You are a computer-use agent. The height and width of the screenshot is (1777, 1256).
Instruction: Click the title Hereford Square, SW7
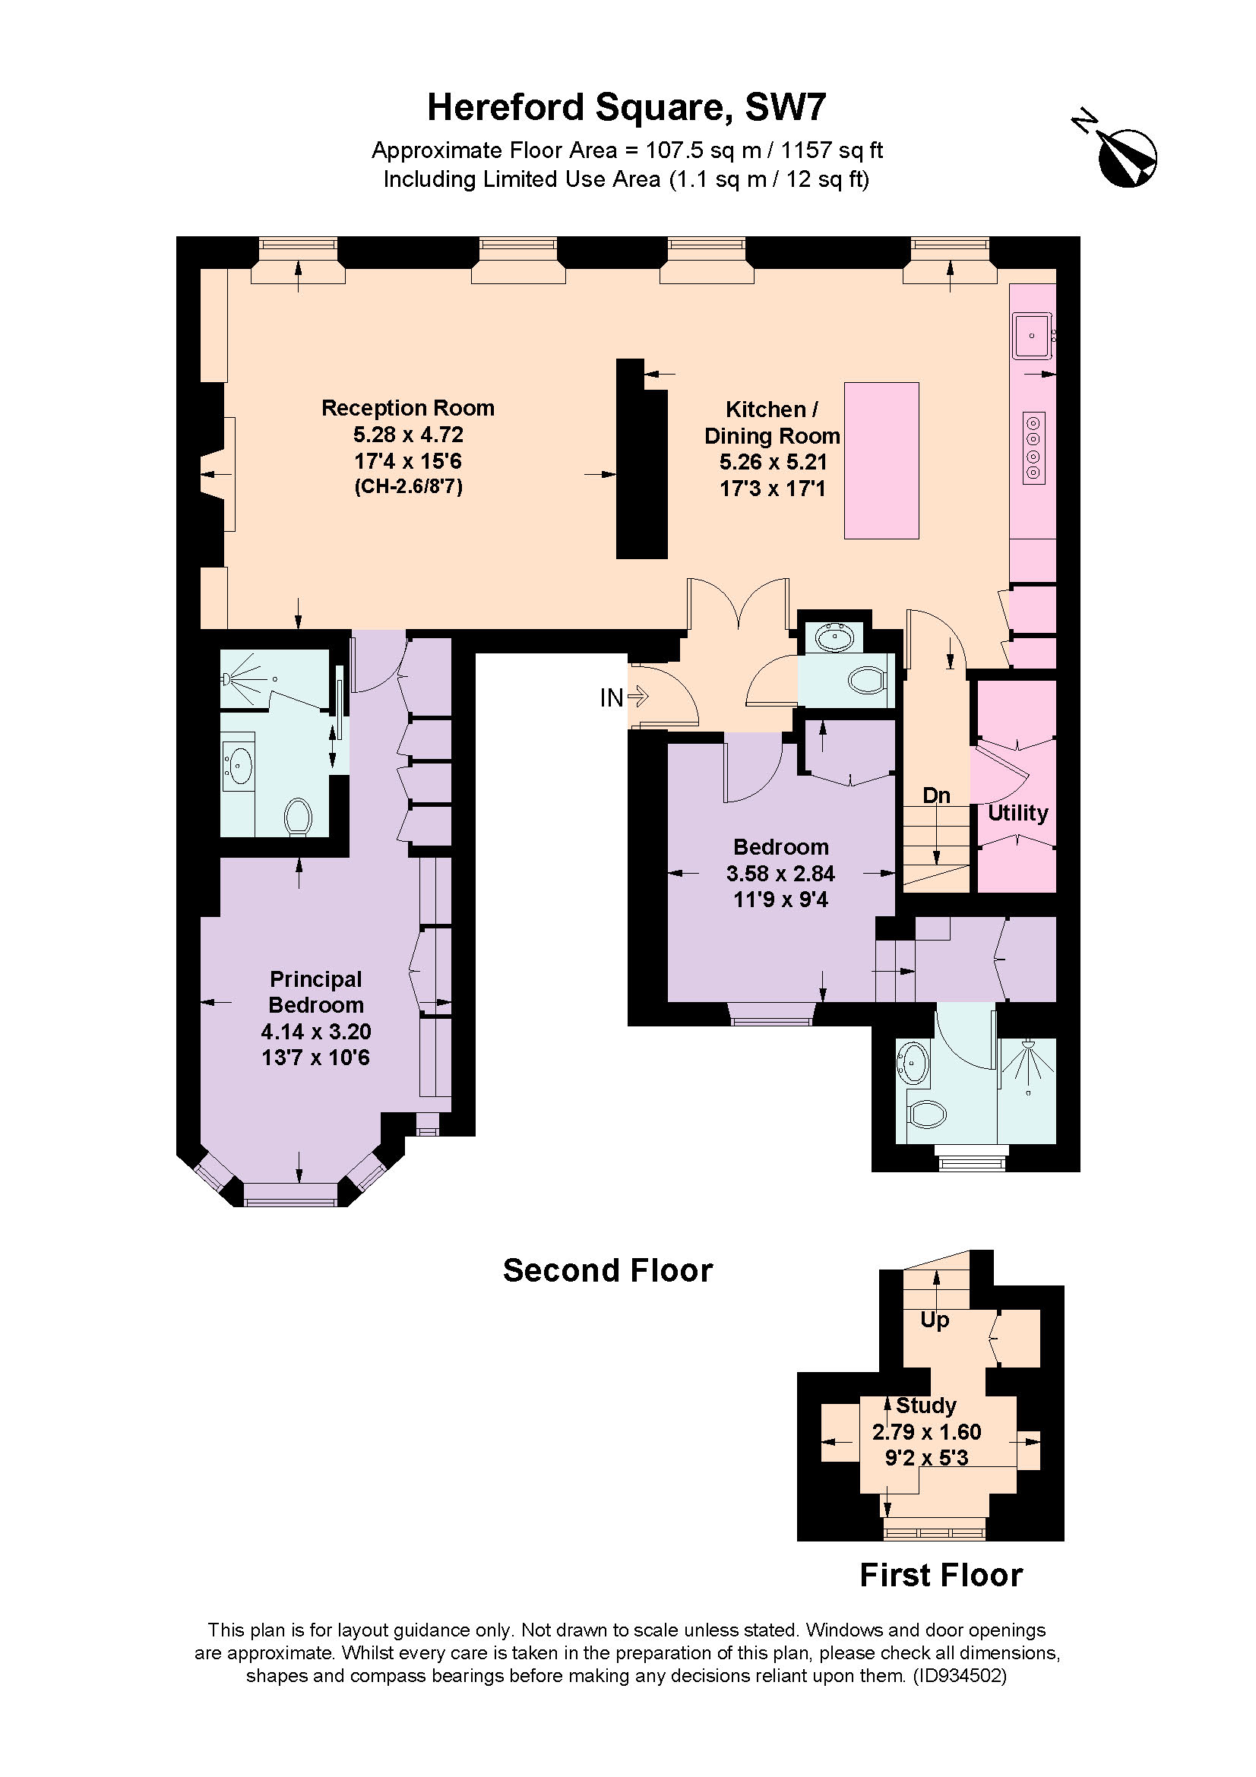click(x=627, y=108)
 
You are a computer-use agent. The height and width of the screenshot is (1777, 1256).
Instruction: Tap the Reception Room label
click(x=408, y=408)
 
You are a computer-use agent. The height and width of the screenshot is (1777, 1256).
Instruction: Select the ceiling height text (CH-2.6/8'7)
click(x=408, y=487)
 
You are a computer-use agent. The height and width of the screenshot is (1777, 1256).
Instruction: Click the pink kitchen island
click(x=881, y=460)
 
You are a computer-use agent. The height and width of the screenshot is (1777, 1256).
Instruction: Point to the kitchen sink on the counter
click(x=1033, y=336)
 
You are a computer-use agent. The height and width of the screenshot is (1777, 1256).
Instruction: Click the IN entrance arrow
click(x=636, y=697)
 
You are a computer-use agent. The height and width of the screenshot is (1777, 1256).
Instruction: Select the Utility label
click(x=1017, y=813)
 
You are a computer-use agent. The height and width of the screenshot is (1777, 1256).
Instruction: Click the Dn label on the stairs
click(x=936, y=795)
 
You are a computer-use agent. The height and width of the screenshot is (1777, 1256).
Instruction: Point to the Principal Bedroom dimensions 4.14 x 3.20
click(x=316, y=1032)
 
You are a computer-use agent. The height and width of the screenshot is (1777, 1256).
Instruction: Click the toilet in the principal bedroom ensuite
click(x=298, y=817)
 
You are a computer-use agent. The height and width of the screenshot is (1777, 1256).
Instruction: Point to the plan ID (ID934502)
click(x=960, y=1677)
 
